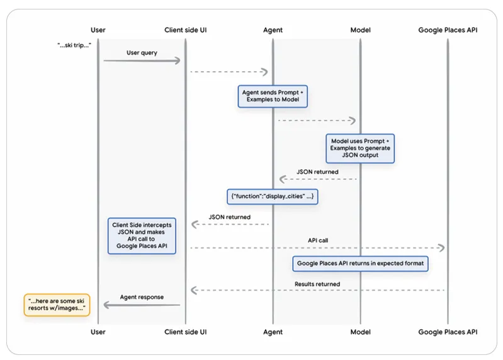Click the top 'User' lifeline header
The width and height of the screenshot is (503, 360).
[x=98, y=30]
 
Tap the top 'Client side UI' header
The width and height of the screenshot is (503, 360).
[x=186, y=30]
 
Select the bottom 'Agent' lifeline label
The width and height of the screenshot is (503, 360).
[x=273, y=332]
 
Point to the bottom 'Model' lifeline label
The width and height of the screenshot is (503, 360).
[x=360, y=332]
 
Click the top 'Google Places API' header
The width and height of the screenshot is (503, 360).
[x=448, y=30]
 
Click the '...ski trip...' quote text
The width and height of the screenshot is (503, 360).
[x=74, y=45]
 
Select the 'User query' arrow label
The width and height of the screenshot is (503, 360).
[x=142, y=53]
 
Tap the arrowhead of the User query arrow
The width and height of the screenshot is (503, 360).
[x=177, y=60]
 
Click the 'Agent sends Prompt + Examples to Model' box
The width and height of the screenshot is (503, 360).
[x=273, y=96]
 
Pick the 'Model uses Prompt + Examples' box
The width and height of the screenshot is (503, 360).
[x=360, y=149]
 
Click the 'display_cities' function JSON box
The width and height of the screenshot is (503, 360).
[x=273, y=196]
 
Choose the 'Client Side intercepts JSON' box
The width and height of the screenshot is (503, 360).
[x=142, y=236]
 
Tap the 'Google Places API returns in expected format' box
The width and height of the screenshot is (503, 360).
[x=360, y=264]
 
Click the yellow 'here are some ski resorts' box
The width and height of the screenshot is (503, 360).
[x=57, y=305]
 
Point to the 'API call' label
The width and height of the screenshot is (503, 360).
[x=318, y=240]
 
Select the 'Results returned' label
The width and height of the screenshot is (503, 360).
[x=317, y=284]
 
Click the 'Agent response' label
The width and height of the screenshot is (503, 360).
[x=142, y=297]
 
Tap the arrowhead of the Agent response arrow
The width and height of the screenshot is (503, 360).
[x=107, y=305]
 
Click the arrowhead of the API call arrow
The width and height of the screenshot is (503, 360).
[x=441, y=248]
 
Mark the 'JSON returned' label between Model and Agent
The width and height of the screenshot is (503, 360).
[x=317, y=172]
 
